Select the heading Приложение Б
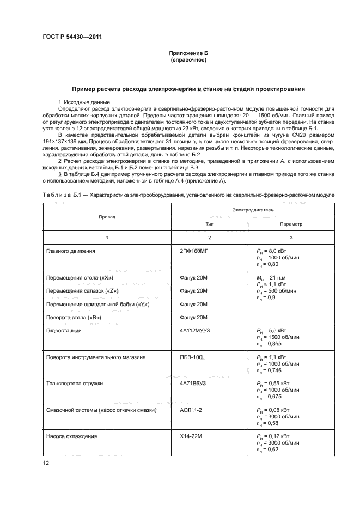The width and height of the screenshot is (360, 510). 188,53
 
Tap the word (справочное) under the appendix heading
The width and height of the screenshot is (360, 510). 188,60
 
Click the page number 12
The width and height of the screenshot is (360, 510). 46,462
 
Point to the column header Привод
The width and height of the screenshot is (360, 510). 107,216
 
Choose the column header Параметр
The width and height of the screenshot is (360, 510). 291,223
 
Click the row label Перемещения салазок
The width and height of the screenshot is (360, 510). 80,291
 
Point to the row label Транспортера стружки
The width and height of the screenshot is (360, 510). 75,384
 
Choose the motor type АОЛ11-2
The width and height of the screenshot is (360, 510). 191,410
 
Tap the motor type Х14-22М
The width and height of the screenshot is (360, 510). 191,437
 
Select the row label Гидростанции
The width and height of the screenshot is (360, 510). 65,330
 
